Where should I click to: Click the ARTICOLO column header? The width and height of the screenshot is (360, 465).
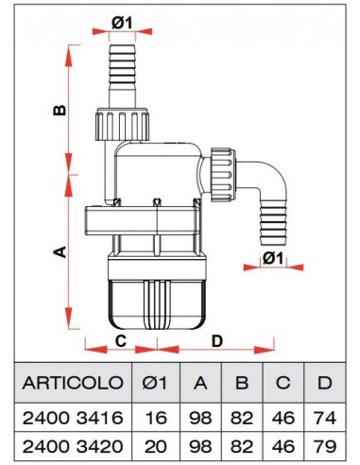[x=73, y=383]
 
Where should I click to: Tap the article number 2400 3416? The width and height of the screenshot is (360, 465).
[x=73, y=417]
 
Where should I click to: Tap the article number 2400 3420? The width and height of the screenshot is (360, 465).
[x=73, y=444]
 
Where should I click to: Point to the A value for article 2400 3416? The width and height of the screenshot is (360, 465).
[x=201, y=417]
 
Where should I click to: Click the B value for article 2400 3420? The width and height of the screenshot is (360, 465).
[x=241, y=444]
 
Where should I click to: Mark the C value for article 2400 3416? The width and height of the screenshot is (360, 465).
[x=282, y=417]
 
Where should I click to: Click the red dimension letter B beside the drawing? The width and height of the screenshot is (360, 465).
[x=58, y=111]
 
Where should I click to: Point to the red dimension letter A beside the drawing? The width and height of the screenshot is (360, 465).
[x=58, y=251]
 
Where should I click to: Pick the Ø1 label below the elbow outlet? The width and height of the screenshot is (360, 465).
[x=273, y=258]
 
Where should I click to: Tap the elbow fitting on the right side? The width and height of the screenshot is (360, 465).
[x=264, y=194]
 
